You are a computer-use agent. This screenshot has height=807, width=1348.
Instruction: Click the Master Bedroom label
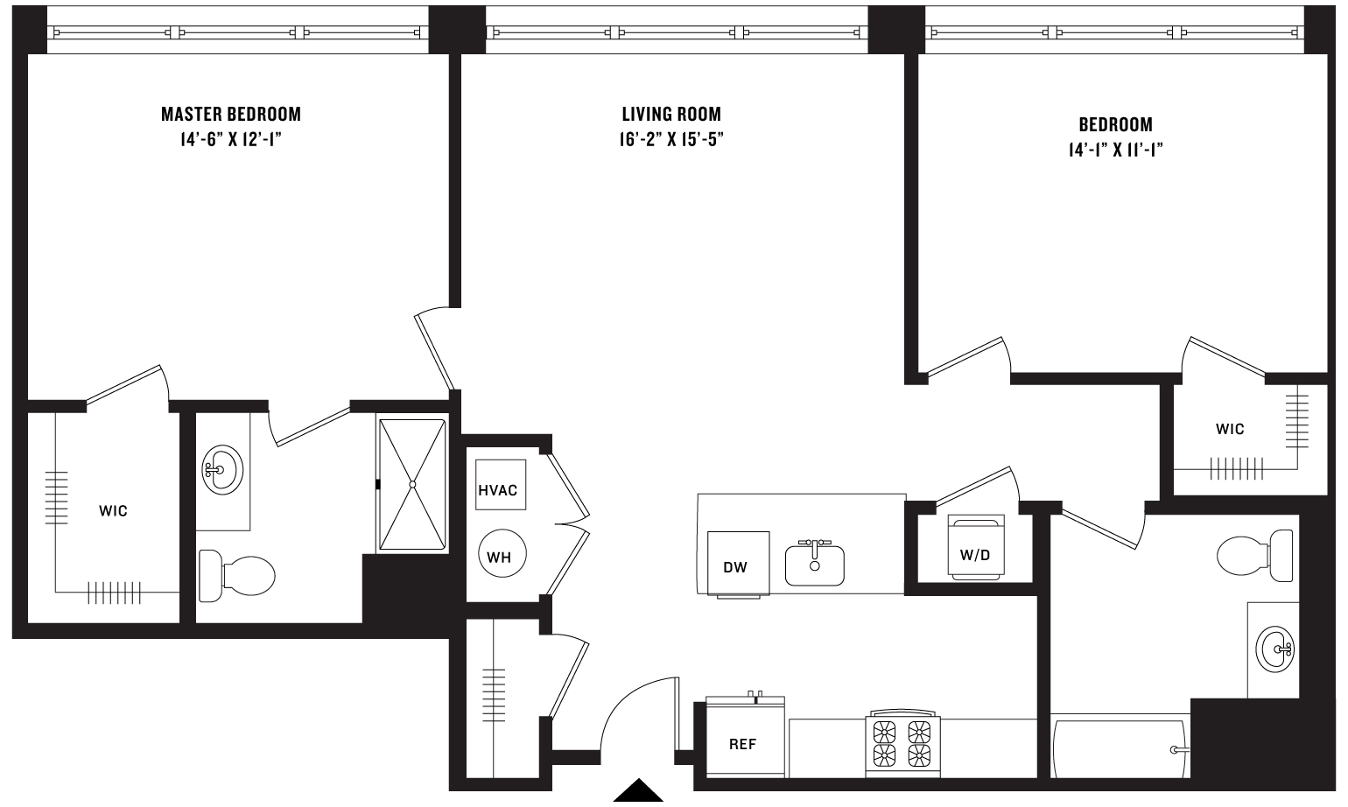pos(231,114)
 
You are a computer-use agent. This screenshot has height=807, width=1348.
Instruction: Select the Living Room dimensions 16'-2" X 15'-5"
pos(671,139)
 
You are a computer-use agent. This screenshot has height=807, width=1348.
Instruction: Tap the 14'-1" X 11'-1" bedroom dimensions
pos(1115,150)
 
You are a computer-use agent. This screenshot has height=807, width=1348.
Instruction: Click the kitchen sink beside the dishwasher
pos(814,565)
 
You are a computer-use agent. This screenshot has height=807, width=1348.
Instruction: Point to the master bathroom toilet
pos(237,576)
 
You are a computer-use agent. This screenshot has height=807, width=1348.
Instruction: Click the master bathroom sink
pos(221,471)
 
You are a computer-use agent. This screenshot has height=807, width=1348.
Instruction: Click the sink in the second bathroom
pos(1274,649)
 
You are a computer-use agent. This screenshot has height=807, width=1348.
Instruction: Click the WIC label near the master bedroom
pos(113,510)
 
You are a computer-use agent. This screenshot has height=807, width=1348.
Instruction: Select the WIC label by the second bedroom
pos(1229,429)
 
